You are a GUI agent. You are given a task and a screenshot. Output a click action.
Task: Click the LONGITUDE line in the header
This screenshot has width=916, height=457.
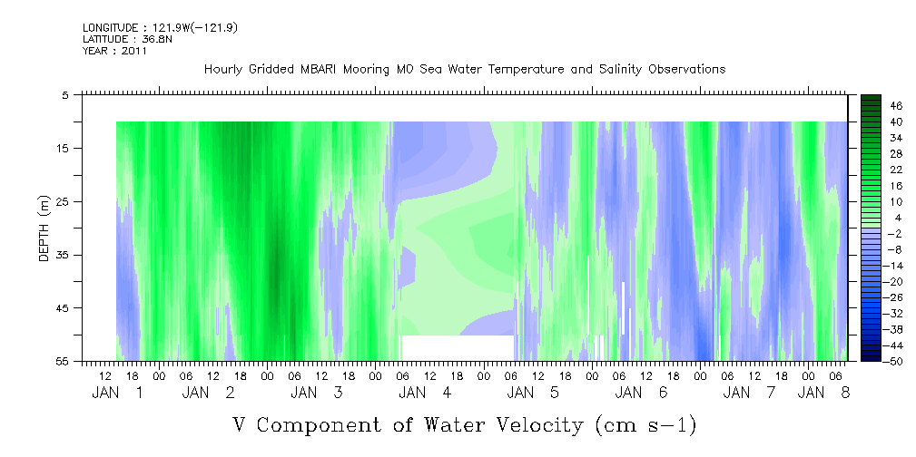160,27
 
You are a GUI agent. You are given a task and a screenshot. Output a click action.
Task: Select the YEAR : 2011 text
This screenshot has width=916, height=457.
115,51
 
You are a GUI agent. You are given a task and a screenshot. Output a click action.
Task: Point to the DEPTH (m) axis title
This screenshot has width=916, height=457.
44,228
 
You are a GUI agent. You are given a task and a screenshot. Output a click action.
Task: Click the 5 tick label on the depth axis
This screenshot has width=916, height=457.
64,94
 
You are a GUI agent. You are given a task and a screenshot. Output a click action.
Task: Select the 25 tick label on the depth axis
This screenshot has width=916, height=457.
62,201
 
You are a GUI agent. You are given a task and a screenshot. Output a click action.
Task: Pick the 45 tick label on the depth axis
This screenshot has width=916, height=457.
62,307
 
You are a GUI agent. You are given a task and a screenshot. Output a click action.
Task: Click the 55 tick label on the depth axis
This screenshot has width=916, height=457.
62,361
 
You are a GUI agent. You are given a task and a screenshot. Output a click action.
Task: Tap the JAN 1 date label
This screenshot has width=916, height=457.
117,393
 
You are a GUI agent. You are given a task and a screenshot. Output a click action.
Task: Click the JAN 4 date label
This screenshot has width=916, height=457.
425,393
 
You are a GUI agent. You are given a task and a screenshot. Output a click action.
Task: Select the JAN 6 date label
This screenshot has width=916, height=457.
642,393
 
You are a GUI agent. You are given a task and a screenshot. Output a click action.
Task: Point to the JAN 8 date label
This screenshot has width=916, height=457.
823,393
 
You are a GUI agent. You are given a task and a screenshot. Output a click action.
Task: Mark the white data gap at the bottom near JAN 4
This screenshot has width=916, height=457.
458,348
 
